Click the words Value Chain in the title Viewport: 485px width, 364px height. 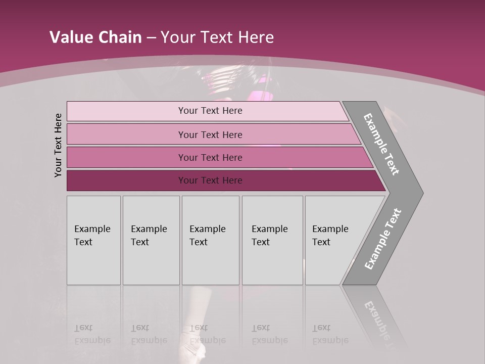(95, 37)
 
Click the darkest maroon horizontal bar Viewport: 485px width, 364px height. (126, 180)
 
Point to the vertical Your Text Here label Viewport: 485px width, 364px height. (58, 145)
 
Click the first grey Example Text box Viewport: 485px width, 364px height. (93, 240)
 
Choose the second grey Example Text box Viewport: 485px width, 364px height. (151, 240)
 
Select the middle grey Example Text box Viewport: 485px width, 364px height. (210, 240)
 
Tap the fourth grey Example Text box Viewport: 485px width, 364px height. (272, 240)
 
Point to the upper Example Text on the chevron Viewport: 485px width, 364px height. (381, 144)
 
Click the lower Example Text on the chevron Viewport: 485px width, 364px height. (382, 239)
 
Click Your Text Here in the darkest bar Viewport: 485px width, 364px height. (210, 180)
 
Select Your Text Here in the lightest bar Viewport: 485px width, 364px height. (210, 111)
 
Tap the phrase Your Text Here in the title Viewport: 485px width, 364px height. (217, 37)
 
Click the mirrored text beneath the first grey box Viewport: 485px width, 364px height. (92, 334)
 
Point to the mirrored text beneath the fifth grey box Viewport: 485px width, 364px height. (330, 334)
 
